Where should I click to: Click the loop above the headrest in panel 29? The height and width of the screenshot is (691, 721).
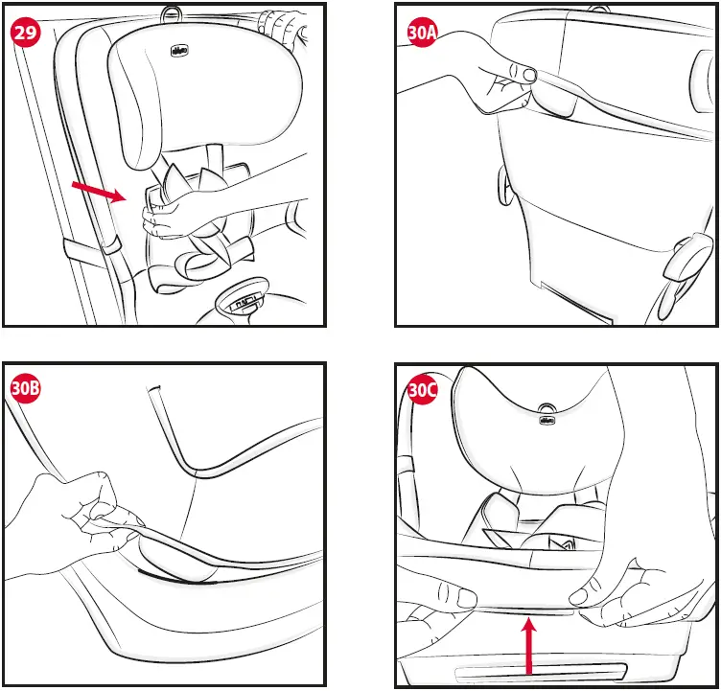click(x=173, y=12)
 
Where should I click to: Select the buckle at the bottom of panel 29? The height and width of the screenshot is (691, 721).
click(x=245, y=300)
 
